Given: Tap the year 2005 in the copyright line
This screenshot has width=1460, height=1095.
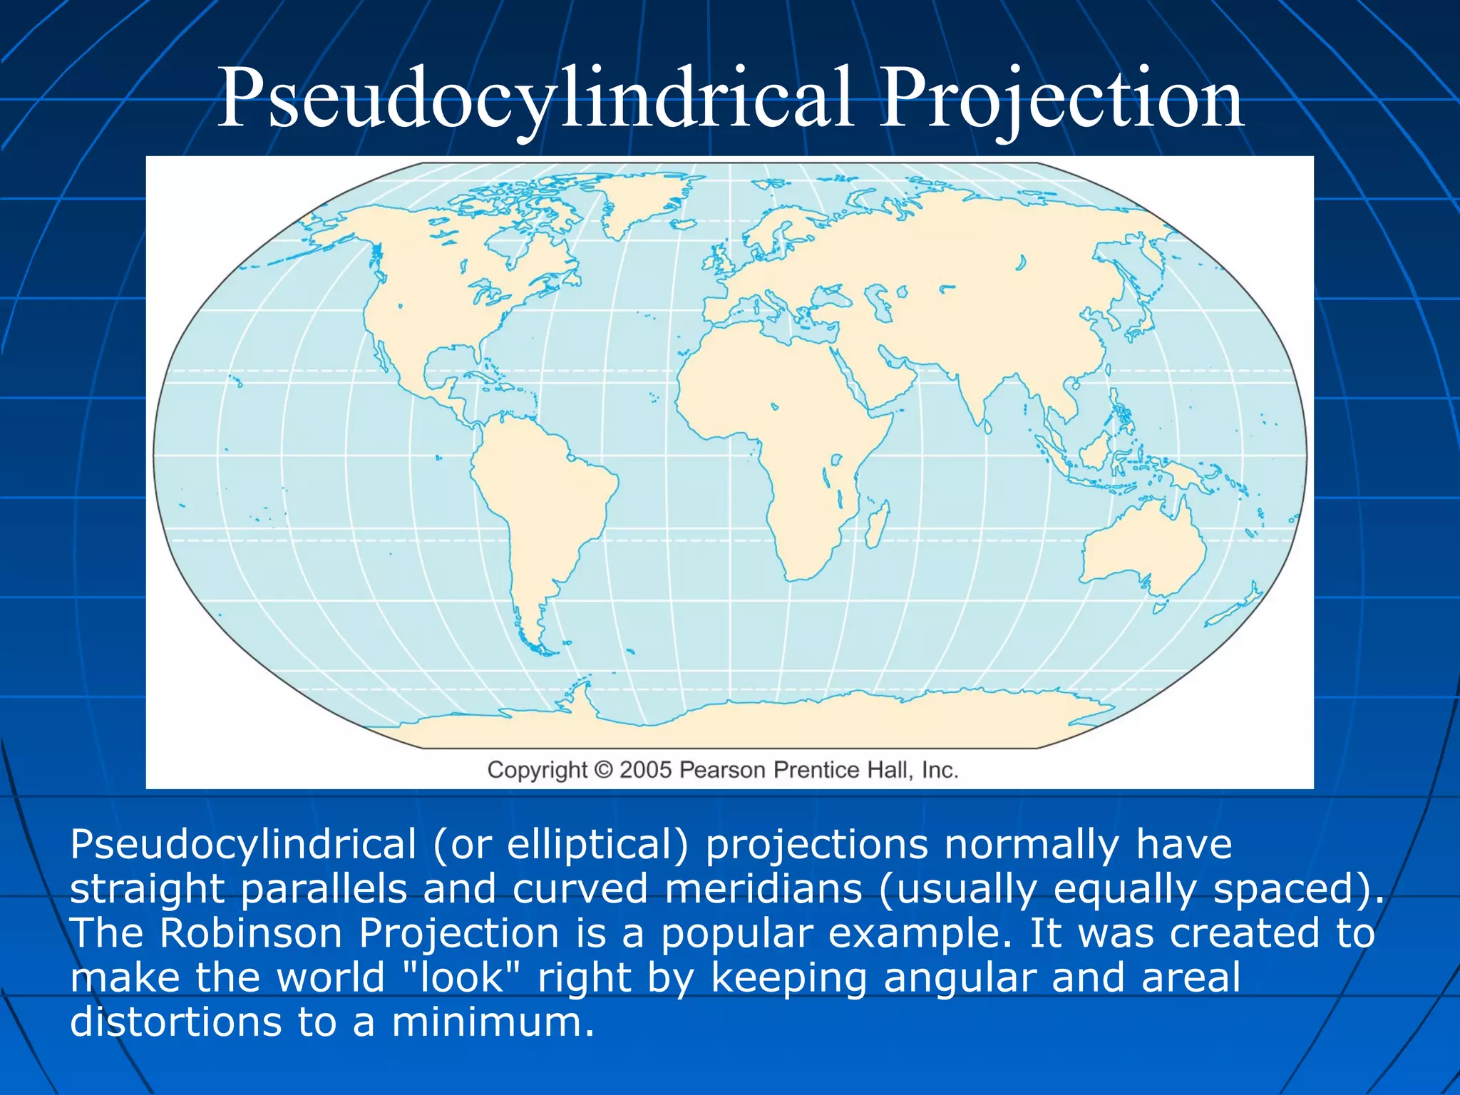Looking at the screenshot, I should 645,770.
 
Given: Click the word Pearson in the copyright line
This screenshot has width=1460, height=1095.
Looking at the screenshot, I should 722,770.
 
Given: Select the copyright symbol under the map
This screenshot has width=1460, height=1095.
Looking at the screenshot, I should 603,770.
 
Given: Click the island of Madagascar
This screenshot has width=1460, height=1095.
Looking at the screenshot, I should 878,523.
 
